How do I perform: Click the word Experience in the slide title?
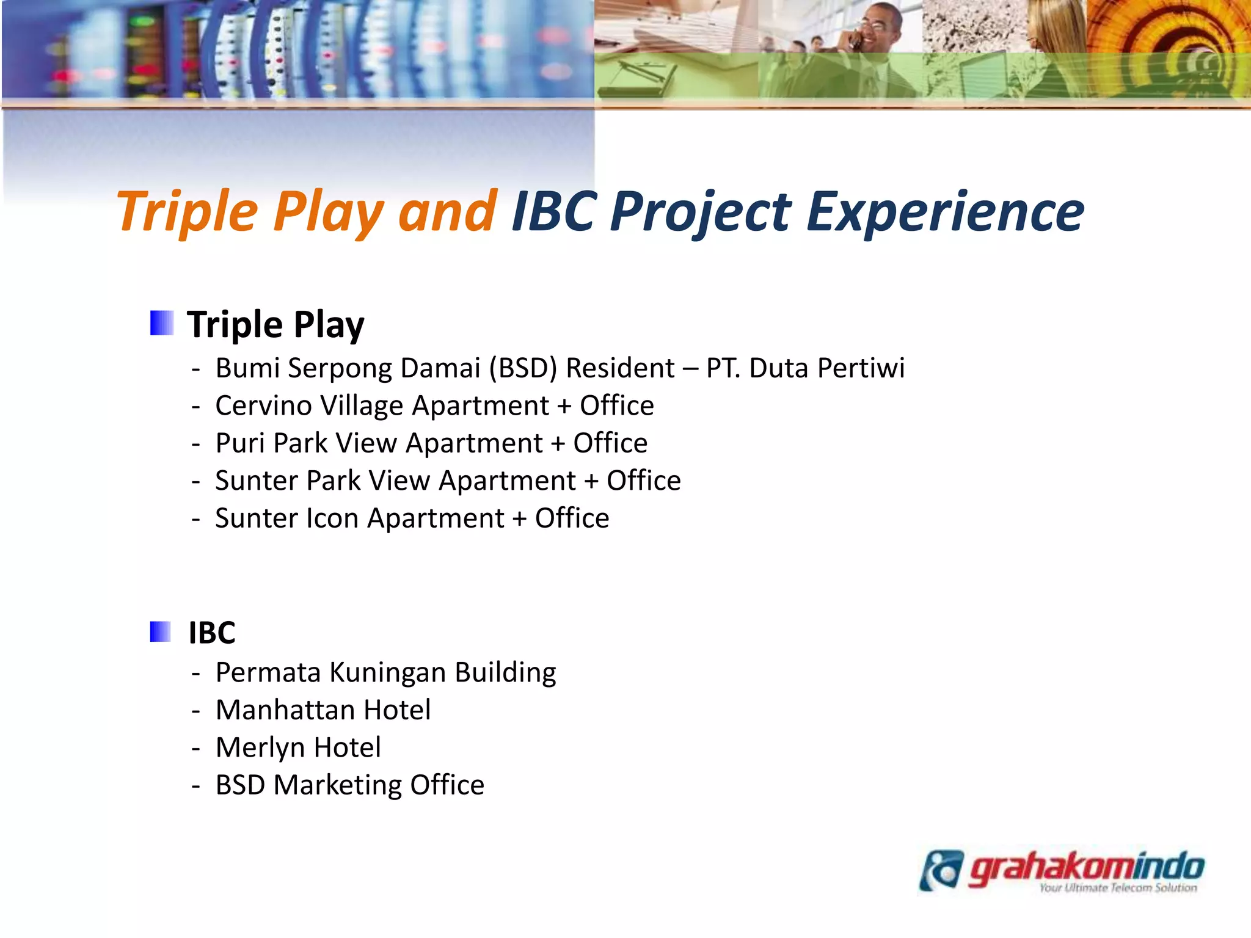click(944, 212)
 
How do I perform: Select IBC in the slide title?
click(553, 212)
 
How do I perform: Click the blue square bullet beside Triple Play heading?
click(162, 323)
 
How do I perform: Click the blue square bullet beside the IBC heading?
click(161, 631)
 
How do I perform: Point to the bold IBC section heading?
click(211, 633)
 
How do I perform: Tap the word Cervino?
click(263, 406)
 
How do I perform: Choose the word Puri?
click(241, 443)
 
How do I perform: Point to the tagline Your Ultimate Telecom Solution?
click(1117, 888)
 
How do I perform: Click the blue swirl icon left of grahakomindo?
click(941, 870)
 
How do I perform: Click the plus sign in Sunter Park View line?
click(591, 481)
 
